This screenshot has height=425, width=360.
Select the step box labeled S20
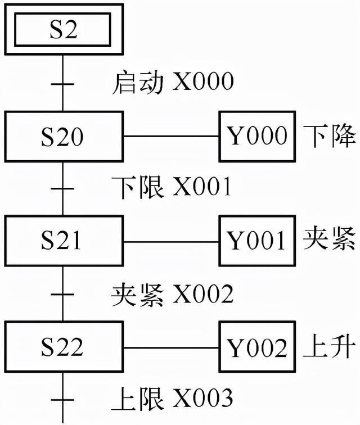point(63,136)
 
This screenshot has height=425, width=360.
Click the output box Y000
point(256,136)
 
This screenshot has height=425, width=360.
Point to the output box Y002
point(256,347)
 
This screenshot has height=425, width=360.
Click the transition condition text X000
point(202,83)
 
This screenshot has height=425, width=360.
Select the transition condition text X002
point(202,293)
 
